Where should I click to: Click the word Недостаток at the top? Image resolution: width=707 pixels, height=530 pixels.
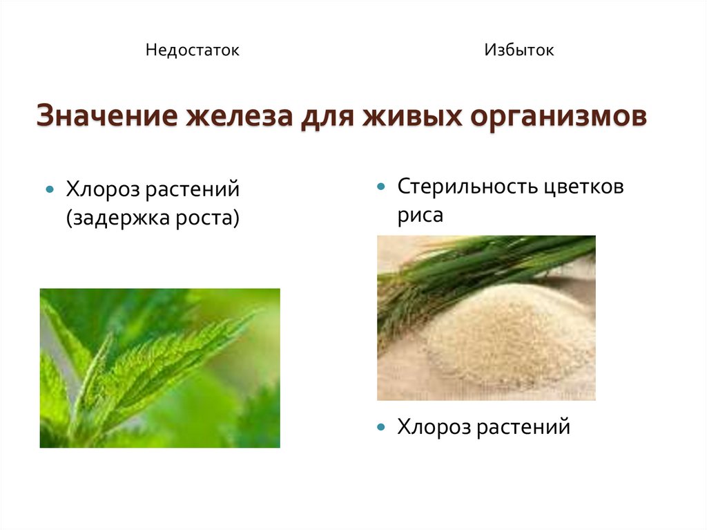(193, 50)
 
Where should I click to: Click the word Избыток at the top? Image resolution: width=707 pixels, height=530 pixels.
(519, 50)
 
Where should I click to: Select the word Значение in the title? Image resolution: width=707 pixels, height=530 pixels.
(107, 115)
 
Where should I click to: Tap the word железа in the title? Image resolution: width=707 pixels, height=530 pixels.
(240, 115)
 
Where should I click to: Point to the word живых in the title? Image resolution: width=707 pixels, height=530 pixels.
(412, 115)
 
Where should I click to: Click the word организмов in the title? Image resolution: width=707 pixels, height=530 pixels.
(559, 117)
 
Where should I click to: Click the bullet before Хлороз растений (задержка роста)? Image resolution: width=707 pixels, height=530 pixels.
(50, 189)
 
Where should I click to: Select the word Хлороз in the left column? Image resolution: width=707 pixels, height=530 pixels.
(103, 189)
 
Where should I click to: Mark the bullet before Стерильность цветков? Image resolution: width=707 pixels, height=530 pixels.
(381, 186)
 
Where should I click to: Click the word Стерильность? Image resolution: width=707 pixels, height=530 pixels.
(467, 187)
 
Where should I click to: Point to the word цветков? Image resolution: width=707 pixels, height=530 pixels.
(583, 187)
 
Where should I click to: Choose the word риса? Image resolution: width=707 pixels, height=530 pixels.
(420, 216)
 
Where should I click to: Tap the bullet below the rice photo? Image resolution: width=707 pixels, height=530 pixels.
(381, 427)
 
